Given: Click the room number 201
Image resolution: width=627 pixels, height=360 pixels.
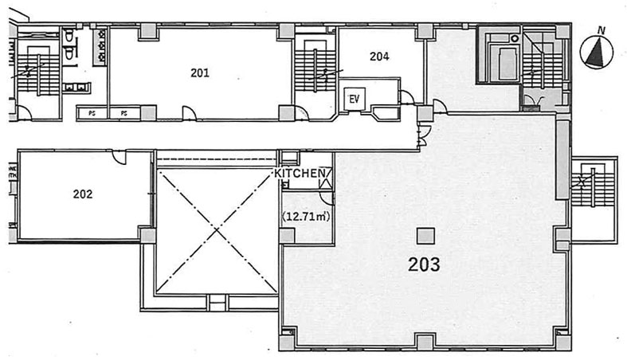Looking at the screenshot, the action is pos(199,72).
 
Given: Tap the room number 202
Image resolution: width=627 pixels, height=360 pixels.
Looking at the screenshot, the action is pos(83,194).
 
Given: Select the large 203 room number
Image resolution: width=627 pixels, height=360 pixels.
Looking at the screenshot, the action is pos(424,264).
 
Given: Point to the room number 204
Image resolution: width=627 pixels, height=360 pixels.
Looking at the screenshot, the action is pos(379,57).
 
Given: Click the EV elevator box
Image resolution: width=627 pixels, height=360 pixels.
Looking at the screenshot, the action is pos(355,98).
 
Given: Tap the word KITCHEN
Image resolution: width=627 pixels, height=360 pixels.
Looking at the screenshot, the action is pos(300,174).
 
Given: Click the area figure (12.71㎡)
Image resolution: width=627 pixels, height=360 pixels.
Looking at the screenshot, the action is pos(306,217).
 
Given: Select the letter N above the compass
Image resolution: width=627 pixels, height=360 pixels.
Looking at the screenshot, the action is pos(600,30).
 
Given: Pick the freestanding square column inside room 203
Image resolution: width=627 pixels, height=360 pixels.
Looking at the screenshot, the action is pos(425,236).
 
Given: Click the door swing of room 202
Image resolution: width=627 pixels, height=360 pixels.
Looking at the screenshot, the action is pos(120,157).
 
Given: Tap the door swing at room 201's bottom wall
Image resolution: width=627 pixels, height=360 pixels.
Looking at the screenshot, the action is pos(190,113).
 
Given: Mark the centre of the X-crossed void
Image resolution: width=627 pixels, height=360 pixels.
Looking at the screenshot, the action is pos(217,230).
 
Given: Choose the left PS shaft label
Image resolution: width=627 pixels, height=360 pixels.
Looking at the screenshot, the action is pos(92,113).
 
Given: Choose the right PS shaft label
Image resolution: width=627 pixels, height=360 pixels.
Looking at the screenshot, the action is pos(124,113).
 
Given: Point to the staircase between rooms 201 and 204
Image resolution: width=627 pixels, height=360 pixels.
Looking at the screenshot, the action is pos(315,70).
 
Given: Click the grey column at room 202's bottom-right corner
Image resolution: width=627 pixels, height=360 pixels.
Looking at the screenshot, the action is pos(147,235).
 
